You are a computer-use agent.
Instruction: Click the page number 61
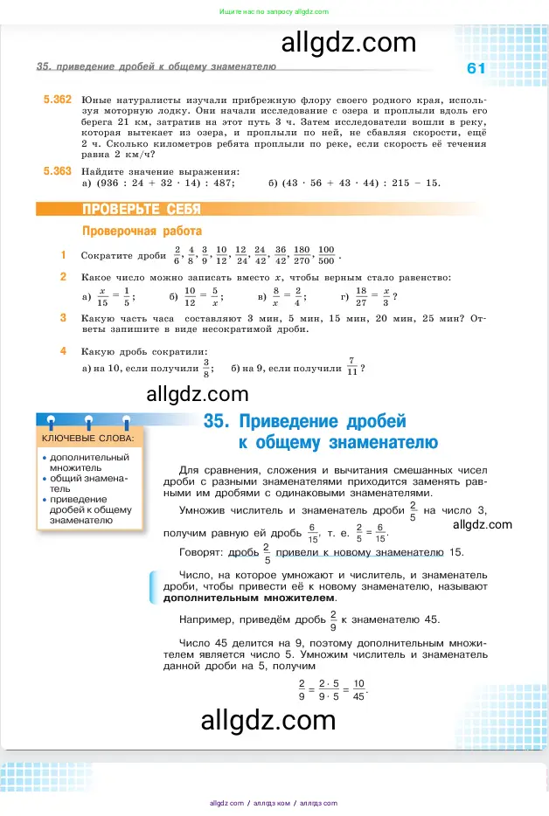(476, 69)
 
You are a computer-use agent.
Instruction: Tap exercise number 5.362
(57, 100)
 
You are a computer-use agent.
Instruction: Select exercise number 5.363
(57, 171)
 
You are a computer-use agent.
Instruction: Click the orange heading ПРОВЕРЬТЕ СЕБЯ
(141, 210)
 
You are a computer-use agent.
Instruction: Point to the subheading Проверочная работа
(141, 232)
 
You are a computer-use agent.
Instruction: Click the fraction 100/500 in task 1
(327, 255)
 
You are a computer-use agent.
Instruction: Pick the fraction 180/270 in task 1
(304, 255)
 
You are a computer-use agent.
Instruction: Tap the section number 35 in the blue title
(215, 421)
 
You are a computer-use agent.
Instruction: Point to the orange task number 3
(63, 318)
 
